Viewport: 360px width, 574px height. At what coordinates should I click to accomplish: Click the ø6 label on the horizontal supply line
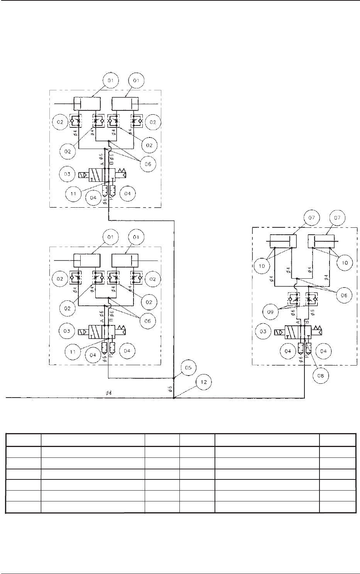click(x=109, y=393)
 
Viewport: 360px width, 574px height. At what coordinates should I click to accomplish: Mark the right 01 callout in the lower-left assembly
click(x=138, y=236)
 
